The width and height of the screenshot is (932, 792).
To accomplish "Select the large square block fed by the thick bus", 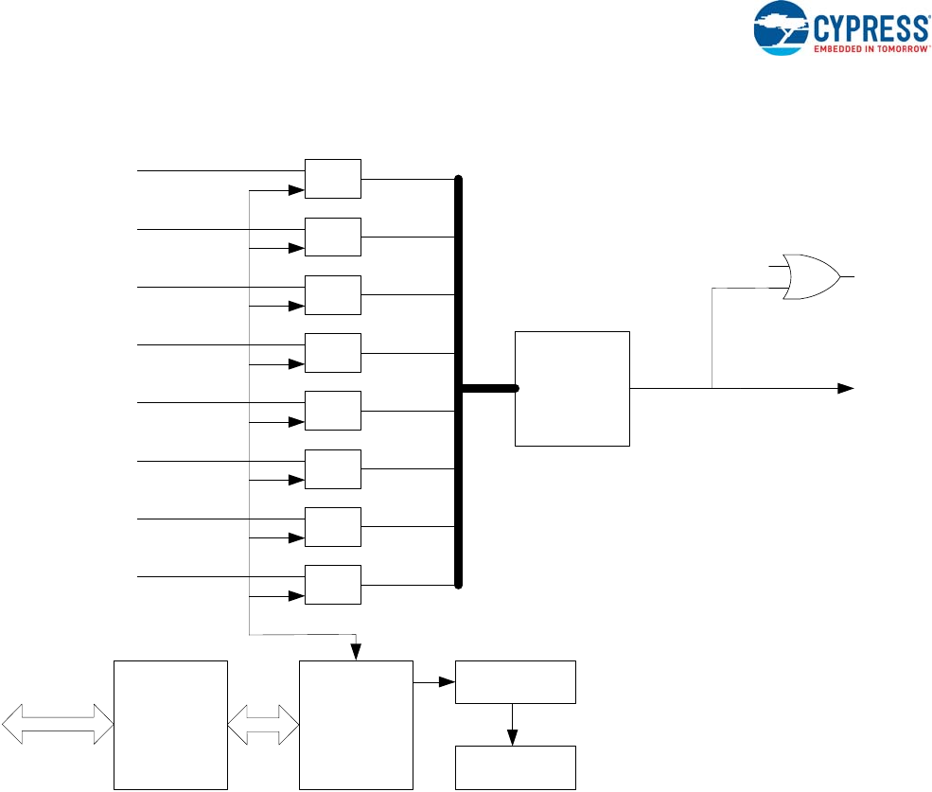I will point(572,388).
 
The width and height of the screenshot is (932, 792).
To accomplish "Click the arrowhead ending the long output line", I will point(847,388).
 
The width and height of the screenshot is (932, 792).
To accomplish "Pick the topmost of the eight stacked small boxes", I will point(333,179).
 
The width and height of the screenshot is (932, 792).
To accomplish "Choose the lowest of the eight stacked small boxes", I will point(333,584).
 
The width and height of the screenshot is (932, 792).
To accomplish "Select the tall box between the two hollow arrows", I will point(170,725).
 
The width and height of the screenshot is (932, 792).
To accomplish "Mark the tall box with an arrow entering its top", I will point(356,725).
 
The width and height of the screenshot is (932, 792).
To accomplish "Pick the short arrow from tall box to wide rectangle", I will point(434,681).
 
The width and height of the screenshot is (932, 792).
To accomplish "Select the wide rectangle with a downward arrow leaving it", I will point(516,682).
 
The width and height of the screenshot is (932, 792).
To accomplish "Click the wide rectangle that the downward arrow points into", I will point(516,766).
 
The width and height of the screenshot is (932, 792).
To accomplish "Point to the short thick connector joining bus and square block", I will point(488,388).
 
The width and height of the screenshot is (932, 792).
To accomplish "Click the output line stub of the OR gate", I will point(848,276).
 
